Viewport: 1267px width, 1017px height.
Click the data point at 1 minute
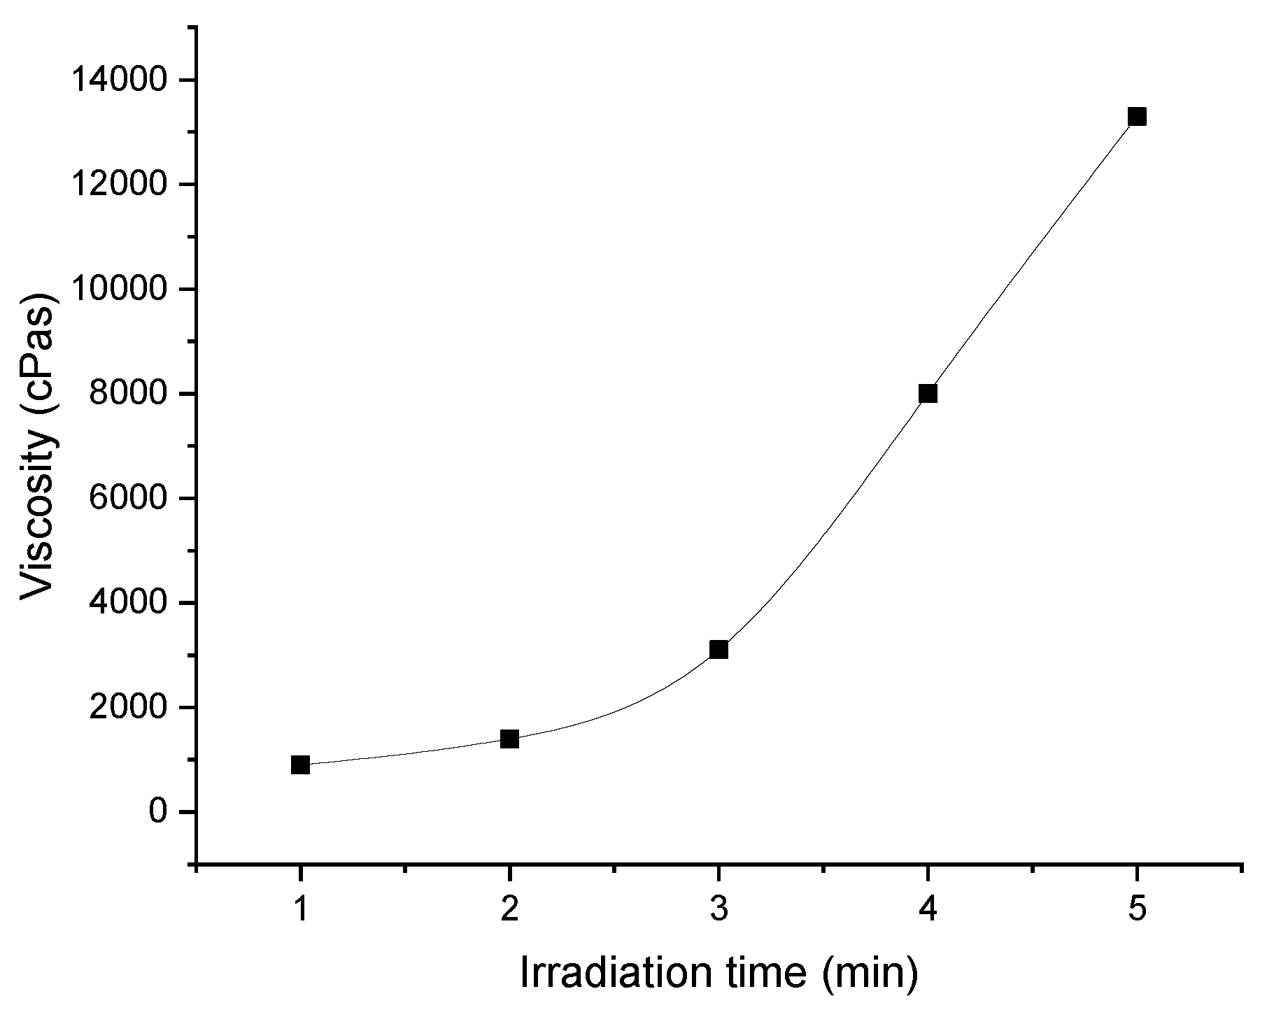300,764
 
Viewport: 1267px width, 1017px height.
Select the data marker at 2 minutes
509,739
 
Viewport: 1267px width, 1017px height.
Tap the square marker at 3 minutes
719,650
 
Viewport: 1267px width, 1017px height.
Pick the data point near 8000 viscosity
928,393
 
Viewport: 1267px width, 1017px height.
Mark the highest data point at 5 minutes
1137,116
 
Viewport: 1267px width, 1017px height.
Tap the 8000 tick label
129,394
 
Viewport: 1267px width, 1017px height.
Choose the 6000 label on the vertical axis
129,499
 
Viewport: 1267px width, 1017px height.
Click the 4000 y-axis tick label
129,603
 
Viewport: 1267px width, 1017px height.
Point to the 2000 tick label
129,708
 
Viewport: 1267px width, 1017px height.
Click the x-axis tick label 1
300,910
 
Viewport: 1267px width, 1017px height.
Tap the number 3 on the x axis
719,910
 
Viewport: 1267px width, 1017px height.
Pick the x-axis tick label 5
1137,910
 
